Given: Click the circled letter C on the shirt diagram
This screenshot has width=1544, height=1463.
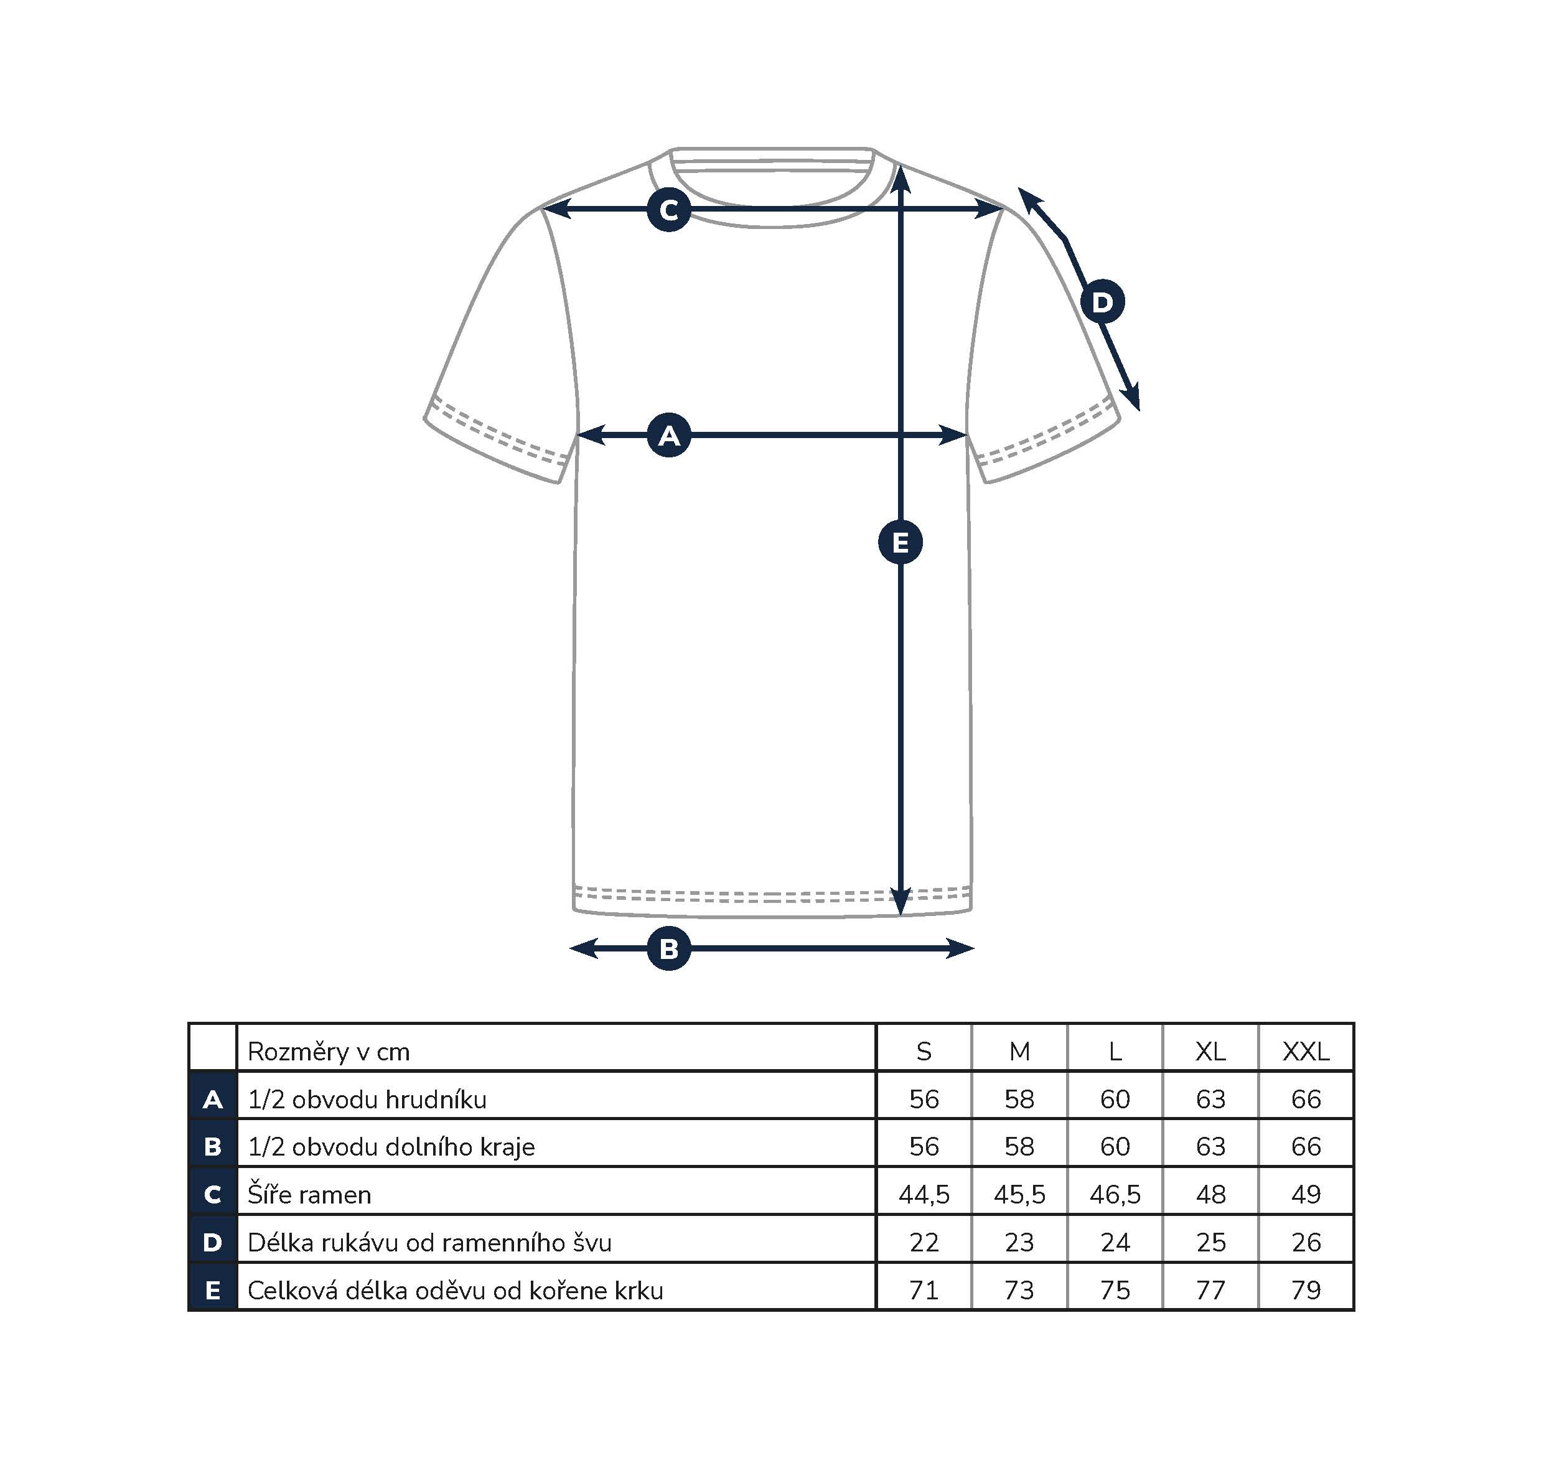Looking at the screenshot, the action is pos(669,210).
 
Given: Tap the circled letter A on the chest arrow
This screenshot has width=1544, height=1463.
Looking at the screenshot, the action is pos(669,435).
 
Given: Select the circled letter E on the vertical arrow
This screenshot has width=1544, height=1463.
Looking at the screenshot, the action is pos(901,542).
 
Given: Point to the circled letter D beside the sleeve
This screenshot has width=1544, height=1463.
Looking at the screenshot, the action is pos(1102,302).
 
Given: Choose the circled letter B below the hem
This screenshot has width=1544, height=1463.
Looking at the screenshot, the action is pos(669,949).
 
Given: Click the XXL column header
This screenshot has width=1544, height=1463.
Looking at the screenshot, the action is pos(1306,1052).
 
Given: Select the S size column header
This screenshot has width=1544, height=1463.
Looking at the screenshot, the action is pos(924,1052).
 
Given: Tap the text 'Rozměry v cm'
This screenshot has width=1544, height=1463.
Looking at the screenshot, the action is pos(329,1052).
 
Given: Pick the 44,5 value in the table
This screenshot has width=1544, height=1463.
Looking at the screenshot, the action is pos(924,1195).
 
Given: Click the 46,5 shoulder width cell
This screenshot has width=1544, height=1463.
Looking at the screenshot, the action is pos(1115,1195).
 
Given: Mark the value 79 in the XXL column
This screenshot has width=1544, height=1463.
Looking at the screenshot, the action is pos(1306,1290).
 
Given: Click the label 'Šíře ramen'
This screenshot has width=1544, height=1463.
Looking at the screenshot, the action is pos(309,1194).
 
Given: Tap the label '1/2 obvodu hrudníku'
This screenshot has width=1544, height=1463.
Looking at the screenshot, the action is pos(367,1099).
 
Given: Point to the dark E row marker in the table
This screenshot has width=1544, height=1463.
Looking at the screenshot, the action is pos(213,1290).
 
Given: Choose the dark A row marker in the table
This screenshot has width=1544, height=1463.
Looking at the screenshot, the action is pos(213,1100).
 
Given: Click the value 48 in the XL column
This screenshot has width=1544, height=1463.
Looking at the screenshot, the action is pos(1211,1195).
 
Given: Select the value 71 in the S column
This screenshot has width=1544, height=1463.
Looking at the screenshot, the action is pos(924,1290).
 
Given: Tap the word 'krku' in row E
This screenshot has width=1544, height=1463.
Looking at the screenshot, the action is pos(639,1290).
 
